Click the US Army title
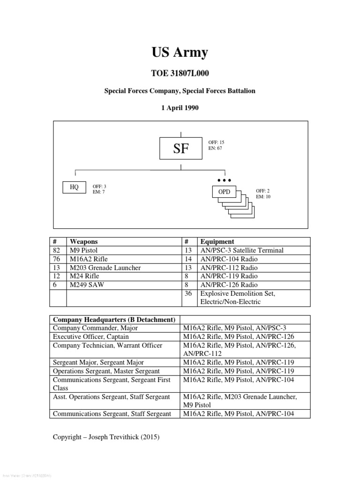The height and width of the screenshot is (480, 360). point(180,52)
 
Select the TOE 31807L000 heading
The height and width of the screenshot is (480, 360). point(180,74)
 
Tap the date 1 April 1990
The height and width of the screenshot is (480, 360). point(180,108)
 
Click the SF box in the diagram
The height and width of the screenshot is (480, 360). point(181,149)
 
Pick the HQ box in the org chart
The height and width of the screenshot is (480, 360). point(74,187)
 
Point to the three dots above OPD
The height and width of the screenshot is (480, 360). point(224,180)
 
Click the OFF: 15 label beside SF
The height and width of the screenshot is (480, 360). point(216,142)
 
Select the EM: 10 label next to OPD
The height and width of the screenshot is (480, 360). point(263,197)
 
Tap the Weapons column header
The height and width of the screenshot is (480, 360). point(84,241)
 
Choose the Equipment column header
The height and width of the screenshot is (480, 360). point(217,241)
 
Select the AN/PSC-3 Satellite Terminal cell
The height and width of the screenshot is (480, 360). point(242,250)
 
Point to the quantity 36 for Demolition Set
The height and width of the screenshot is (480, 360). point(187,293)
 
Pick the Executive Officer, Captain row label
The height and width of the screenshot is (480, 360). point(91,337)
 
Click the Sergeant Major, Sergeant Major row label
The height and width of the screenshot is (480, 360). point(98,362)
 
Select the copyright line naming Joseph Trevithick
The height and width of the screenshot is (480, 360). point(106,437)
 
